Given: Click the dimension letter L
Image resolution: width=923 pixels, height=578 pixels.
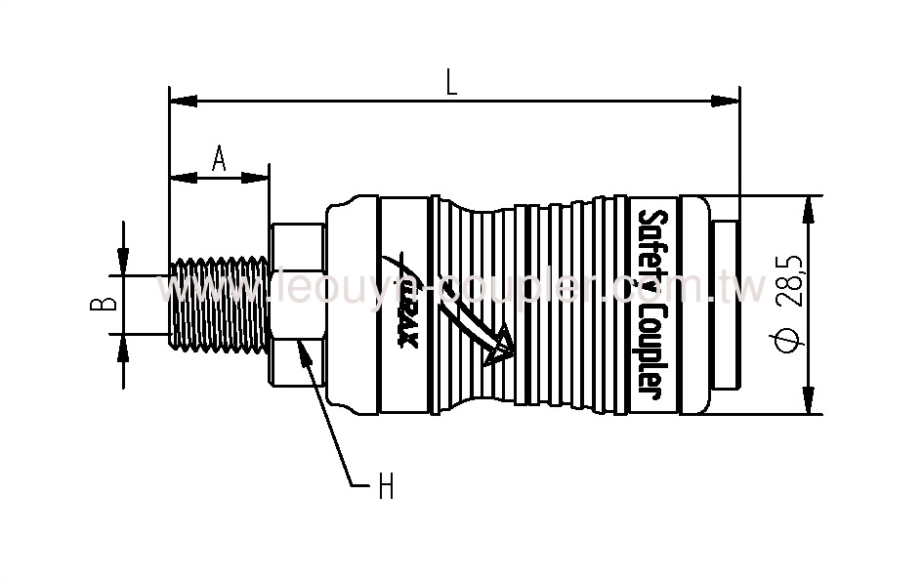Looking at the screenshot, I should coord(451,82).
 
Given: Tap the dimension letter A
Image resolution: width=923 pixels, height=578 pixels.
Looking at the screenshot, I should coord(219,158).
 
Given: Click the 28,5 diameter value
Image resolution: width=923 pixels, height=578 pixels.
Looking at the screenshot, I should coord(792,282).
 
